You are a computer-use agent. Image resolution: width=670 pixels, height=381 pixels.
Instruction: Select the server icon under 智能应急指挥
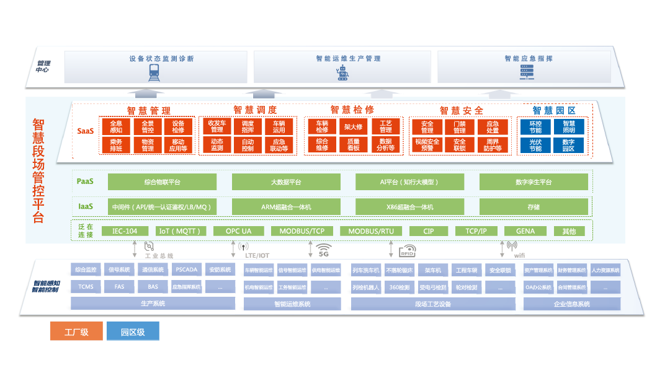527,73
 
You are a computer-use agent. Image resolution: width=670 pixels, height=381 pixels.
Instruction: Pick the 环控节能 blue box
535,126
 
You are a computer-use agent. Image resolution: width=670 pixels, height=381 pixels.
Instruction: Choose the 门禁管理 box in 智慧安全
459,127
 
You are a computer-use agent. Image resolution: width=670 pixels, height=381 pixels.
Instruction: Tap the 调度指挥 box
248,126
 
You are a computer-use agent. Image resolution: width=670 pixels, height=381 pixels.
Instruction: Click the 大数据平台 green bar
286,182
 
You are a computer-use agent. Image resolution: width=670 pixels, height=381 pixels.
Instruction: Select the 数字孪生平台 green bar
533,182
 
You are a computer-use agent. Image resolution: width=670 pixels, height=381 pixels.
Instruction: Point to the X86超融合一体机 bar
409,206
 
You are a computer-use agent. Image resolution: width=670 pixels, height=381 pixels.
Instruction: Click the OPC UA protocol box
239,231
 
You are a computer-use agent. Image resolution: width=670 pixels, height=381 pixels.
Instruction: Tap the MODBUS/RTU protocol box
371,231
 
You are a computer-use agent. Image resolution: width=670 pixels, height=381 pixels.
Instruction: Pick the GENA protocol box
525,231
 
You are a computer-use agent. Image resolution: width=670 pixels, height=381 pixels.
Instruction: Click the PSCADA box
186,269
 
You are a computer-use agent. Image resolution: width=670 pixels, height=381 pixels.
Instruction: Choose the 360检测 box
399,287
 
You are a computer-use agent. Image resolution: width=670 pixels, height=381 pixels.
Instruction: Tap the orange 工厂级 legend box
76,331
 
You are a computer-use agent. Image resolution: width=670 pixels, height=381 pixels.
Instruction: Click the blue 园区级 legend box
133,331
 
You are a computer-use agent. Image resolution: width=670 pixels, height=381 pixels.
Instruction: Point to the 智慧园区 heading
554,110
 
